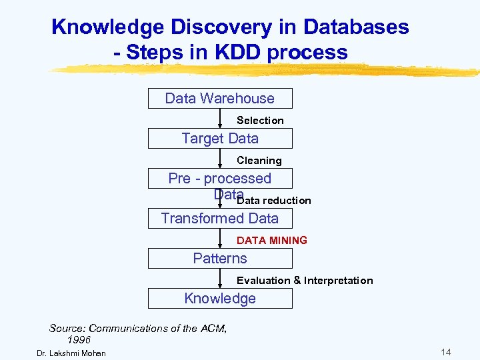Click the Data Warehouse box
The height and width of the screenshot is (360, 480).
pos(220,99)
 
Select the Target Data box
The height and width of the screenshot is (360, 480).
pos(220,139)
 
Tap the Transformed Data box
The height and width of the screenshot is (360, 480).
pos(220,219)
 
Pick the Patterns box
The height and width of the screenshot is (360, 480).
pos(220,259)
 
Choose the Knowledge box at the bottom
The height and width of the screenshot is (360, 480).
pos(220,299)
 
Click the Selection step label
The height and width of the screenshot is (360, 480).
pos(260,121)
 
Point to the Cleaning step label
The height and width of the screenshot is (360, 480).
pos(259,161)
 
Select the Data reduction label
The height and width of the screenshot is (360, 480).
pos(274,201)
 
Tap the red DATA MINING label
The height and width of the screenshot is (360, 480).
pos(272,241)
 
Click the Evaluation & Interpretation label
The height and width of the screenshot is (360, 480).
pos(305,281)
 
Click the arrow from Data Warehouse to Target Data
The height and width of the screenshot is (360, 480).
pos(221,119)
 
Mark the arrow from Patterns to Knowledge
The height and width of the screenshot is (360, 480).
pos(221,279)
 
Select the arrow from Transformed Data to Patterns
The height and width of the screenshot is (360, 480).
pos(221,239)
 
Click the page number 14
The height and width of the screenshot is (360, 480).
pos(446,352)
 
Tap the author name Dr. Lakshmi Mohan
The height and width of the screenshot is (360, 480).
pos(71,353)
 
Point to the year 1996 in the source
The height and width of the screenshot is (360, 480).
pos(79,340)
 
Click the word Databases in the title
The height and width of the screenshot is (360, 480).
pos(356,27)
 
